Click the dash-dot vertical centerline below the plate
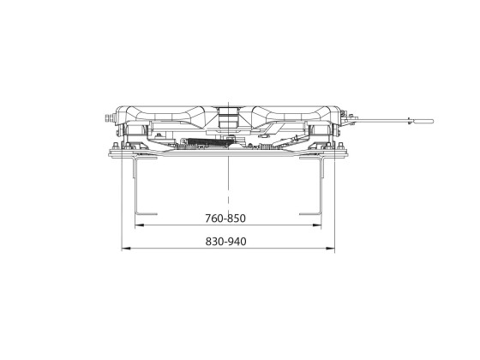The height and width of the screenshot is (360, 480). (229, 184)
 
